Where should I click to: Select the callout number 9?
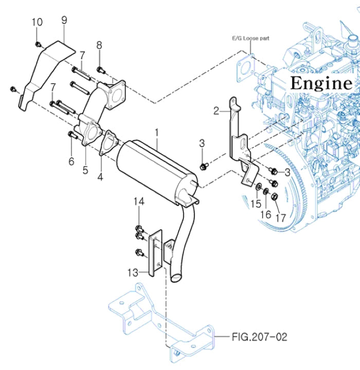click(x=64, y=20)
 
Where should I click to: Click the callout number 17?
click(x=280, y=218)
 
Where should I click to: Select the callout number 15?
click(x=256, y=204)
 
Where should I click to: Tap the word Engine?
click(x=321, y=83)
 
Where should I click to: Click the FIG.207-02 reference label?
click(x=259, y=337)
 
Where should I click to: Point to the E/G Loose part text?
click(x=250, y=38)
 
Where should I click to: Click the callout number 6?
click(x=71, y=161)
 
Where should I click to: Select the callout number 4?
click(x=100, y=177)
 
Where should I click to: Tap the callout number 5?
click(x=85, y=169)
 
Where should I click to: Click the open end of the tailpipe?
click(x=175, y=278)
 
